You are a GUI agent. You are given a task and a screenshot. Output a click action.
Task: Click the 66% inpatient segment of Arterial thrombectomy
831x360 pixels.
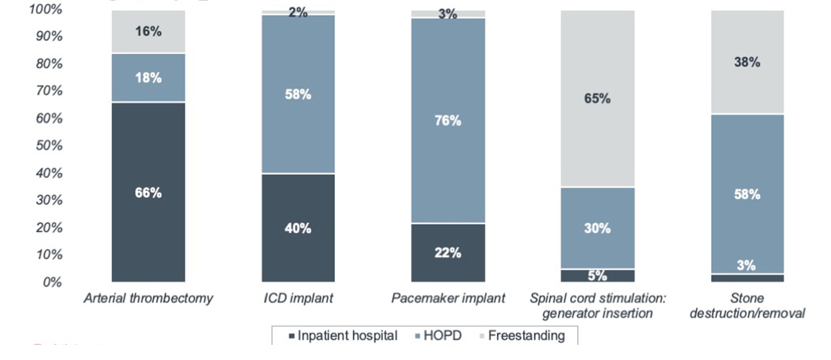click(148, 193)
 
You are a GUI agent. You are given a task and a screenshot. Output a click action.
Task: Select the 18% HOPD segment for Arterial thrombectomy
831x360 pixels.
click(148, 78)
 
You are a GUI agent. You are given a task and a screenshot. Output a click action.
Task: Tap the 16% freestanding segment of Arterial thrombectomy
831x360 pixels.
click(148, 32)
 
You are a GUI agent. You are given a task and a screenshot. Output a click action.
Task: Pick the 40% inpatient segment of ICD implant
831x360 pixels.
click(298, 228)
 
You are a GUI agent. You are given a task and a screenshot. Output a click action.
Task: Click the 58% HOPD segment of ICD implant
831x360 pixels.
click(298, 95)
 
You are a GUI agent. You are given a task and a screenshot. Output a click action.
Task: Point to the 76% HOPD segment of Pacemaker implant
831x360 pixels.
click(448, 120)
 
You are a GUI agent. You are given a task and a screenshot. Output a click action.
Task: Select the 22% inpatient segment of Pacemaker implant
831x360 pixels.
click(448, 253)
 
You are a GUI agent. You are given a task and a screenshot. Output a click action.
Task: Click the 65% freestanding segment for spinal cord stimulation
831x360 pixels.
click(597, 99)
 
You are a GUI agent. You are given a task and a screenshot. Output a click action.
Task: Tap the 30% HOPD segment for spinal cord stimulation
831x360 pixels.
click(597, 228)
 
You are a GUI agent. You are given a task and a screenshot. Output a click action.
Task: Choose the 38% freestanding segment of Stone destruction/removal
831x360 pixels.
click(747, 62)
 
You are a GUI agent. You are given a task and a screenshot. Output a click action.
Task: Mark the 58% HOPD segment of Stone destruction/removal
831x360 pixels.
click(747, 194)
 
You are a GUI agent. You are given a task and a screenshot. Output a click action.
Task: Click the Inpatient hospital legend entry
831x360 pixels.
click(343, 335)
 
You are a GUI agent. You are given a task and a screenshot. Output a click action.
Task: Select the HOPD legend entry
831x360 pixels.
click(441, 335)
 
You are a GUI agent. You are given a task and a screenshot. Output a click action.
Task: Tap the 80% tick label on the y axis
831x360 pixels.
click(48, 63)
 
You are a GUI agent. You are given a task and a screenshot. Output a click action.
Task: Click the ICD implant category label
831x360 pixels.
click(298, 298)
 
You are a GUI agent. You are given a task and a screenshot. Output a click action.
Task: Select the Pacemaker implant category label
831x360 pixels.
click(448, 298)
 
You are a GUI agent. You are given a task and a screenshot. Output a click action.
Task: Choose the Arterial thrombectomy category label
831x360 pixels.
click(148, 298)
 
